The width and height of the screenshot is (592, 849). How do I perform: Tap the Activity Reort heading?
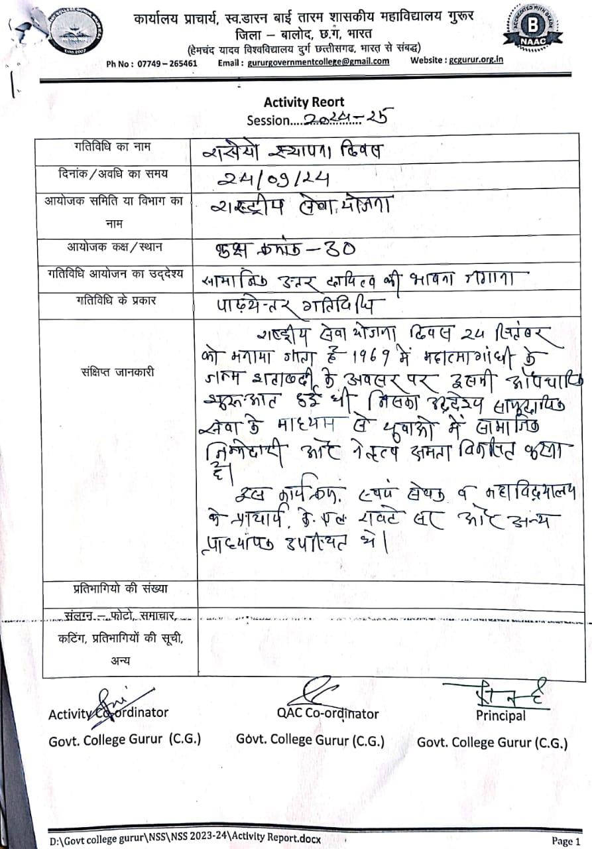point(304,102)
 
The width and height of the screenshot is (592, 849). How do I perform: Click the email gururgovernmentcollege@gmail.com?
point(318,62)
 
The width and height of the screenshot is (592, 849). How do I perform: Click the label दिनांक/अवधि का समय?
point(113,174)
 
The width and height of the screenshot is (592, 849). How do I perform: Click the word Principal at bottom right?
point(501,715)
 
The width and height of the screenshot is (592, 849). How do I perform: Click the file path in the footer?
point(186,840)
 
